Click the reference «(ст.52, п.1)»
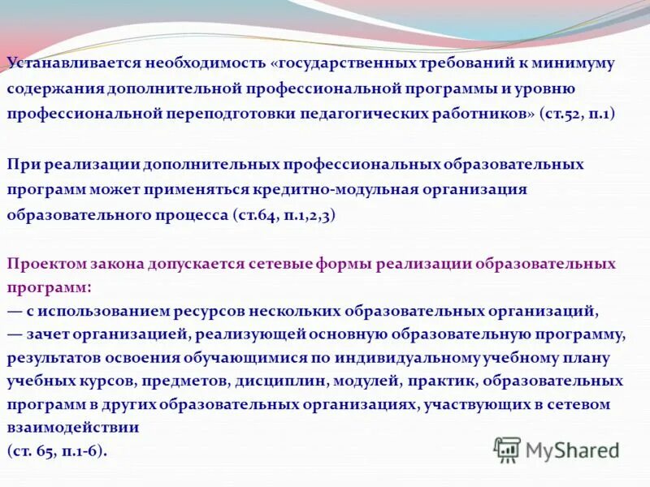coord(576,114)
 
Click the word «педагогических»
coord(363,114)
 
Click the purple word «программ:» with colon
coord(50,287)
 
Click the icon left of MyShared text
coord(507,450)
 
